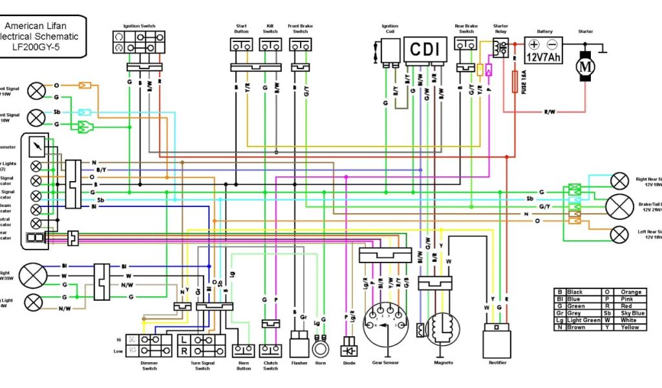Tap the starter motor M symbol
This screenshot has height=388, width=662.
pyautogui.click(x=586, y=66)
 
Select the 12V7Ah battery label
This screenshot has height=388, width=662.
pyautogui.click(x=542, y=57)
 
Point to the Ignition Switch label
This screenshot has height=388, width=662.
pyautogui.click(x=140, y=27)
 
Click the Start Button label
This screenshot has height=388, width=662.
pyautogui.click(x=240, y=29)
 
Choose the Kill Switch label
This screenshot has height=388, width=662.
pyautogui.click(x=270, y=29)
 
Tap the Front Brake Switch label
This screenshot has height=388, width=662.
pyautogui.click(x=300, y=29)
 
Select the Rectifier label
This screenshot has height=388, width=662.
pyautogui.click(x=497, y=363)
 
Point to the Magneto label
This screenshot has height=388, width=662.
pyautogui.click(x=443, y=363)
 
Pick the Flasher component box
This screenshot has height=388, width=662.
pyautogui.click(x=299, y=344)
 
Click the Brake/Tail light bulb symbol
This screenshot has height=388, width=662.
pyautogui.click(x=619, y=206)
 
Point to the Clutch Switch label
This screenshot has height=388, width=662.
pyautogui.click(x=270, y=365)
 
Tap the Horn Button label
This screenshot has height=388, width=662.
pyautogui.click(x=244, y=365)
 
